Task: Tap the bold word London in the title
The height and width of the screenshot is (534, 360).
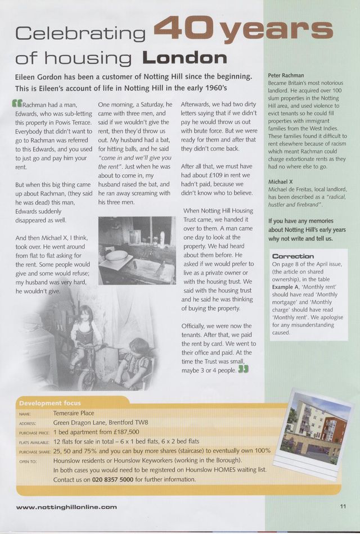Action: [185, 58]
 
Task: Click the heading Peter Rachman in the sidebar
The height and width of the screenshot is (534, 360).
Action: [286, 75]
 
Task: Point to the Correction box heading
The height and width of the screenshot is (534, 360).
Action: [292, 256]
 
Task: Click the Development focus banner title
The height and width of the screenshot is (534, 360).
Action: [49, 402]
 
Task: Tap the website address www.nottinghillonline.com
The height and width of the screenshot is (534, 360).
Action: [66, 506]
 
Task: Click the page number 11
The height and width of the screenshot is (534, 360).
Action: [343, 506]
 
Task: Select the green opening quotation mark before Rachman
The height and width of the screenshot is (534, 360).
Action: [17, 103]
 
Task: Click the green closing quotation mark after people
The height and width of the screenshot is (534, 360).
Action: [243, 369]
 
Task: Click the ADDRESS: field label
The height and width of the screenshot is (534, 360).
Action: [27, 423]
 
